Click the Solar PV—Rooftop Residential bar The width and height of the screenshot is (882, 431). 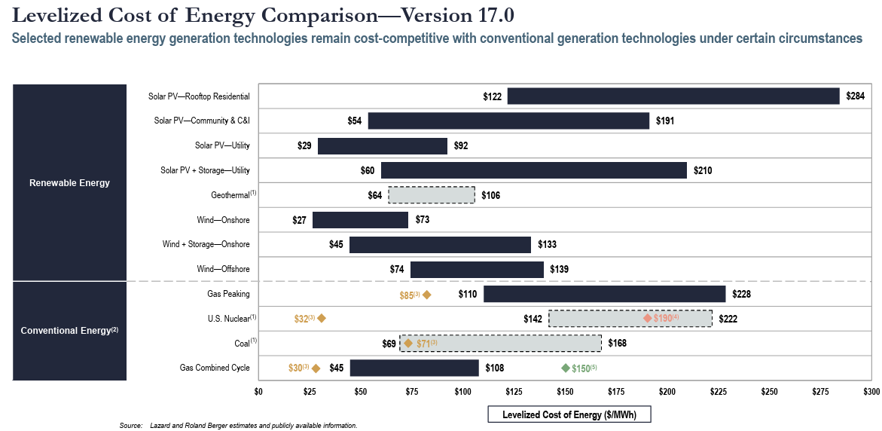[x=673, y=96]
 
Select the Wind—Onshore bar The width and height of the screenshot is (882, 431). [x=360, y=220]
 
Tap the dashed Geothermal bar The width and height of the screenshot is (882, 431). [x=432, y=195]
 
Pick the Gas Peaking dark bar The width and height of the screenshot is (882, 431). [x=604, y=294]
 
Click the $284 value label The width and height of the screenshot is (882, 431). [x=855, y=96]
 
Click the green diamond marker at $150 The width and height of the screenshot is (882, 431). [x=566, y=368]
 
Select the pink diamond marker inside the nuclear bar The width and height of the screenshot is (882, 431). [x=648, y=318]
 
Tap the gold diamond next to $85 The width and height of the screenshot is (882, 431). [x=427, y=295]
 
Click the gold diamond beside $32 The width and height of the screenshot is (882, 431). [x=322, y=318]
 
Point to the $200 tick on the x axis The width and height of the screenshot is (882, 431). [x=667, y=393]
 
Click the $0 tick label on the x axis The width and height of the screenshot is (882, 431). [x=258, y=393]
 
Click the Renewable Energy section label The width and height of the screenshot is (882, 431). [x=69, y=183]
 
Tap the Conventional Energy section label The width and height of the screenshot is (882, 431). [x=69, y=331]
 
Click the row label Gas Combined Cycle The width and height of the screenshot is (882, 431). [x=215, y=368]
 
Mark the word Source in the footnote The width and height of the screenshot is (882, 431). [x=131, y=426]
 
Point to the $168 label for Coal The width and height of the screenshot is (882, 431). [x=617, y=344]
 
